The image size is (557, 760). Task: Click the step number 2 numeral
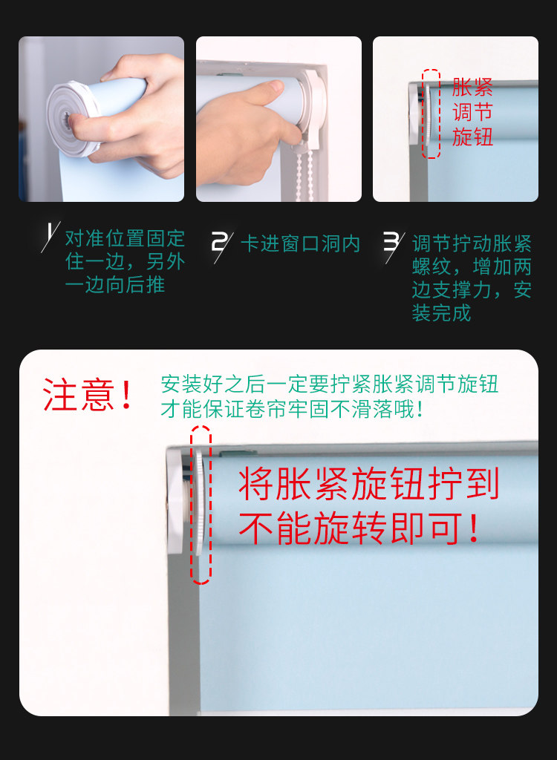tap(220, 242)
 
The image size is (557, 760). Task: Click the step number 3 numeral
tap(391, 242)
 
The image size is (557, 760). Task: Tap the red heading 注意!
tap(88, 395)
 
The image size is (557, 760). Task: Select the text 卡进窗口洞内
tap(300, 243)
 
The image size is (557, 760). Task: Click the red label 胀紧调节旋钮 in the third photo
tap(473, 112)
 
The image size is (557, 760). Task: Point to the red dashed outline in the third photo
tap(431, 114)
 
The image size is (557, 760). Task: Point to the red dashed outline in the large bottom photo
tap(201, 505)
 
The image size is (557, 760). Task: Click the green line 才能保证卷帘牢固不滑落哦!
tap(293, 409)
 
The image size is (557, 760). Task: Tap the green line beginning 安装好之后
tap(329, 384)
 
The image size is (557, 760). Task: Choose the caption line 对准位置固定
tap(125, 239)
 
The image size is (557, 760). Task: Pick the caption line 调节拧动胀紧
tap(472, 243)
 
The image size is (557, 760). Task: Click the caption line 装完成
tap(441, 313)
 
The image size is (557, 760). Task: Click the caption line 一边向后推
tap(115, 285)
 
